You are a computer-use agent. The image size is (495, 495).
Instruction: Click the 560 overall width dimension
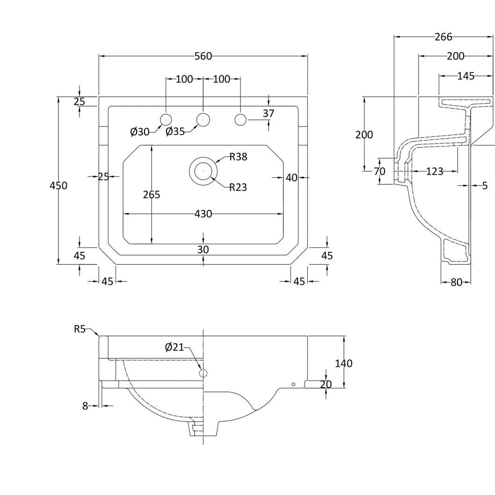click(203, 56)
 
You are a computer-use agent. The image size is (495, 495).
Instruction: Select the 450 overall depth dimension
click(58, 185)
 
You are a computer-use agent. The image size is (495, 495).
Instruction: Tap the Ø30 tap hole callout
click(139, 131)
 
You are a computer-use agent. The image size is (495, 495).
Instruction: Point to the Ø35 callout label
click(175, 131)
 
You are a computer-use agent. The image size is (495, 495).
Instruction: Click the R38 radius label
click(238, 157)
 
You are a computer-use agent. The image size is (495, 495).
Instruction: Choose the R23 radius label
click(238, 187)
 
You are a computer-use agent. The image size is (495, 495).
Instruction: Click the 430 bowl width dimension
click(203, 214)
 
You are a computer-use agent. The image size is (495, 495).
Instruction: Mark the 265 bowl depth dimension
click(152, 195)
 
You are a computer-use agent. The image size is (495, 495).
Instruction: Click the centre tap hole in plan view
click(203, 120)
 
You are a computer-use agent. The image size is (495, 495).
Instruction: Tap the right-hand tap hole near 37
click(240, 120)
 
